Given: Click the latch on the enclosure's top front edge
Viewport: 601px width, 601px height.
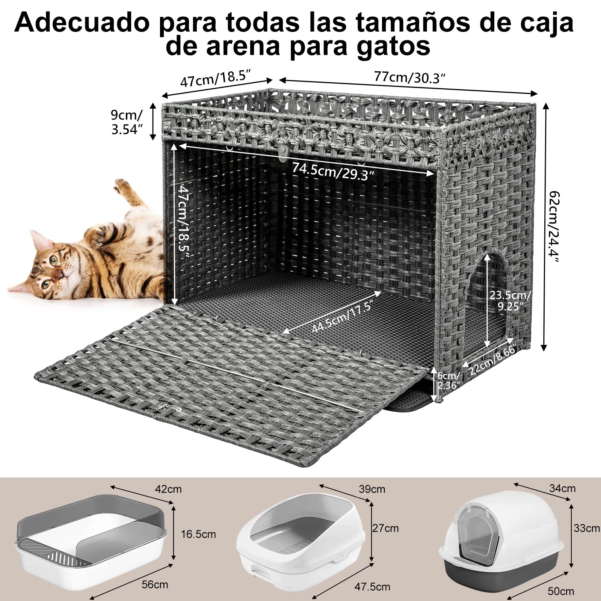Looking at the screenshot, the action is pos(283,151).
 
